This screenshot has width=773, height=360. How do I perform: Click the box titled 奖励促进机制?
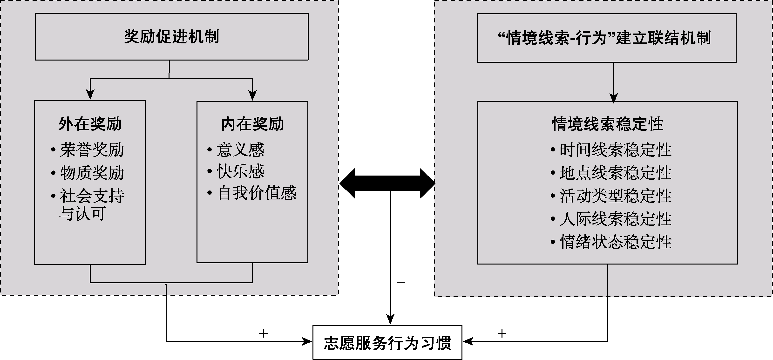pos(172,37)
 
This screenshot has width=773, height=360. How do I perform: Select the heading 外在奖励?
pos(90,124)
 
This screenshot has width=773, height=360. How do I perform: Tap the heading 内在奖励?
pos(252,124)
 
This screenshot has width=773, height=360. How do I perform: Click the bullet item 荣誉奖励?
pos(92,150)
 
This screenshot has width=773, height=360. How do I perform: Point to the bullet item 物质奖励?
pos(92,173)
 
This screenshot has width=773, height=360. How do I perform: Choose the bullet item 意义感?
pos(240,150)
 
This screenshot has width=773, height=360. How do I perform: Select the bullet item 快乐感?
pos(240,171)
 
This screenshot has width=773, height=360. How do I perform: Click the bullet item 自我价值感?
pos(257,193)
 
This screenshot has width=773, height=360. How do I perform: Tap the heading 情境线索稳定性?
pos(607,124)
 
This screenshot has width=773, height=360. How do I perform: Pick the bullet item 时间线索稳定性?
pos(615,150)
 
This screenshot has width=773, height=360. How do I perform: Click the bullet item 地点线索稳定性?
pos(615,173)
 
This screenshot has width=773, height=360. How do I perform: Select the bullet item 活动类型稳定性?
pos(615,196)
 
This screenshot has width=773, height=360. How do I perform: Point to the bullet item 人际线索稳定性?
pos(615,219)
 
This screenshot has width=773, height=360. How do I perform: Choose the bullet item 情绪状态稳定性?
pos(615,242)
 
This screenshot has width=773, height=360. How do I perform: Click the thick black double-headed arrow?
pos(387,183)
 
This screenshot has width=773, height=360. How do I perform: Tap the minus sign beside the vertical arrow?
pos(401,282)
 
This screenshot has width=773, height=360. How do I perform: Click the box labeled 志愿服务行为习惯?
pos(387,343)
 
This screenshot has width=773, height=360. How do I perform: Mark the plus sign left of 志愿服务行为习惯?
pos(263,333)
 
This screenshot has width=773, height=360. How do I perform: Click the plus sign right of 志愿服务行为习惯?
pos(502,333)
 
